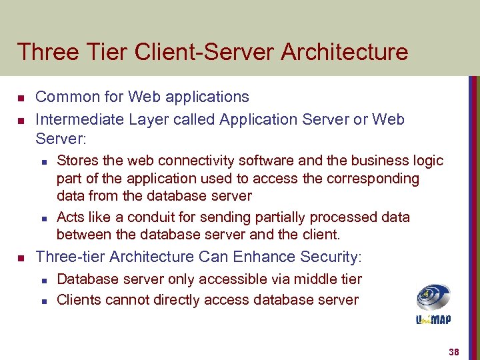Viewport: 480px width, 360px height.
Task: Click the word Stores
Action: [76, 161]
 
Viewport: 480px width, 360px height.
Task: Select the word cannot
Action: [127, 300]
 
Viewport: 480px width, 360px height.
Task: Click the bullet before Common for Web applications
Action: [21, 99]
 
